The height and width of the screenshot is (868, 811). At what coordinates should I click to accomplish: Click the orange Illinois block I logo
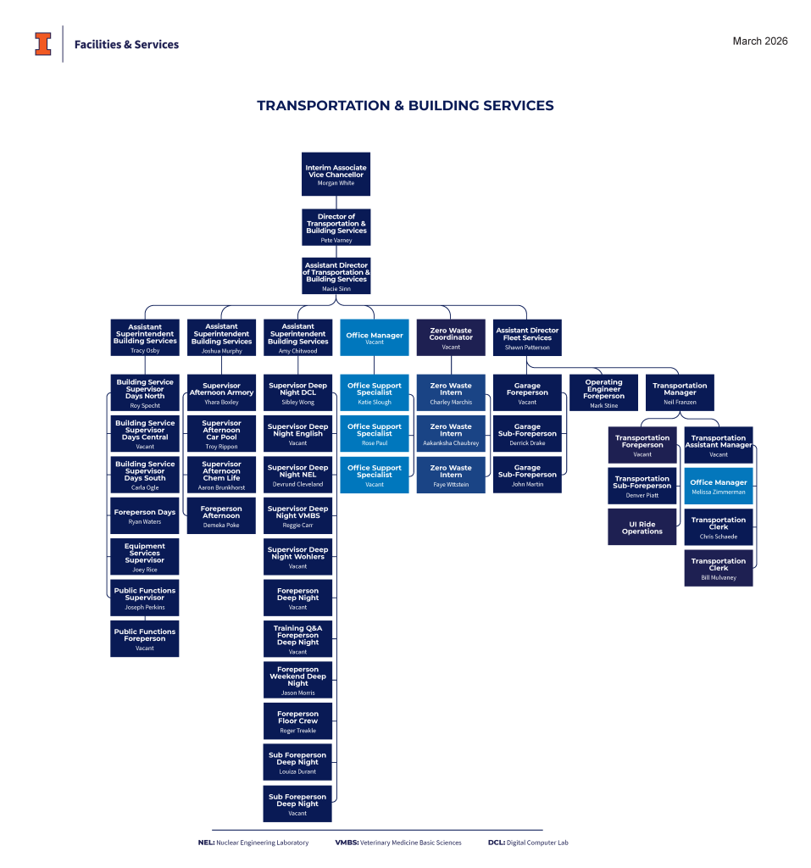[43, 44]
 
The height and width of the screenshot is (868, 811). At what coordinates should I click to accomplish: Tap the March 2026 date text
[759, 42]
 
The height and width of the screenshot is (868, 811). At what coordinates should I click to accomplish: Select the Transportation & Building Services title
[405, 106]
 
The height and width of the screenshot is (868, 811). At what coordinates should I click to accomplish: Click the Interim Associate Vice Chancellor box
[336, 175]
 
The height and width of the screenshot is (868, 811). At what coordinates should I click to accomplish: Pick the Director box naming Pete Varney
[336, 227]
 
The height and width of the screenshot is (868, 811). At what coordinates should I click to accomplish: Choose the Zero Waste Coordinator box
[451, 337]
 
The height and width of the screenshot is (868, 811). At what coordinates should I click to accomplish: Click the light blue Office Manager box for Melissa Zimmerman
[719, 486]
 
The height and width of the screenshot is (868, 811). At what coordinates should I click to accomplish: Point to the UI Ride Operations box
[642, 527]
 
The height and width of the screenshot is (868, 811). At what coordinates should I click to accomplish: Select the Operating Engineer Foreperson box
[603, 393]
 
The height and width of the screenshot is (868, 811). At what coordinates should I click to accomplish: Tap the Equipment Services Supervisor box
[145, 557]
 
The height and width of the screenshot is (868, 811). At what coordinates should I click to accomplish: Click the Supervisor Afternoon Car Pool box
[221, 434]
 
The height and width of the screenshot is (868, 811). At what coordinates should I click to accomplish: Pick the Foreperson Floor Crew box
[297, 721]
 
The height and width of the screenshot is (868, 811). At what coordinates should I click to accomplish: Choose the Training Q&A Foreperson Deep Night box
[297, 639]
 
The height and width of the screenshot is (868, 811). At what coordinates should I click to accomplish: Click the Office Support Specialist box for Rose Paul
[375, 434]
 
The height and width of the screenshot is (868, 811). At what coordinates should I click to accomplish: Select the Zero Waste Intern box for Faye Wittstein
[451, 475]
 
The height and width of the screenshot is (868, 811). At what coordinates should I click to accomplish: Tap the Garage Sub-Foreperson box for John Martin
[528, 475]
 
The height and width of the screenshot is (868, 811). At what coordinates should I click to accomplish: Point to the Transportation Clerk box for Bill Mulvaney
[719, 568]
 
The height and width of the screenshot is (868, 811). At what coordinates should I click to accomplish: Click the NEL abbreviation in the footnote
[206, 843]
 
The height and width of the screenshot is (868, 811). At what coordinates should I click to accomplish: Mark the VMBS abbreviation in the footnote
[347, 843]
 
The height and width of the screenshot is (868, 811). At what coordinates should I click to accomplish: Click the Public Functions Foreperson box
[145, 639]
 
